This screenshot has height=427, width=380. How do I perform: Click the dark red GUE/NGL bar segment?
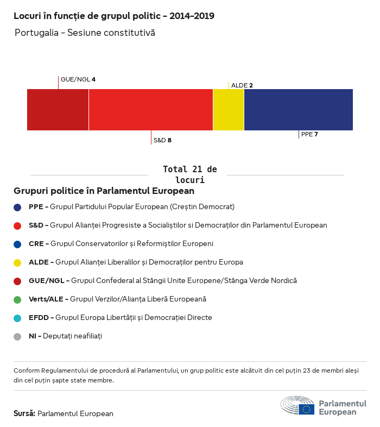58,110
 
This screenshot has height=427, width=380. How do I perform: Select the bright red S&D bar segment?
150,110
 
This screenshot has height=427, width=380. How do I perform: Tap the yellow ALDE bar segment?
229,110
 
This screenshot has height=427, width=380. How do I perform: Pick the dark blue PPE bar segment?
299,110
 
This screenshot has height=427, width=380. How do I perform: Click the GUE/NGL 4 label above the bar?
78,79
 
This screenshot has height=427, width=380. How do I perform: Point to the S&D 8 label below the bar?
162,140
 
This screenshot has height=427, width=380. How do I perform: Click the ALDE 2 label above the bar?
242,85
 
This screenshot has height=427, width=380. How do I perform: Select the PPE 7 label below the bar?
309,134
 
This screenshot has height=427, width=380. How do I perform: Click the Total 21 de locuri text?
189,174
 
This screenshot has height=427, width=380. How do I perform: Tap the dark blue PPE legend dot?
17,207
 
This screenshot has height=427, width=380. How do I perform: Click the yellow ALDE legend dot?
17,262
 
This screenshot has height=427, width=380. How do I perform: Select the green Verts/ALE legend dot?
17,299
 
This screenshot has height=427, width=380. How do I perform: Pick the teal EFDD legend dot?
17,318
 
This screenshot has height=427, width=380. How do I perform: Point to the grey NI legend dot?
17,336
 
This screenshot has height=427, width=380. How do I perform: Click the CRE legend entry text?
121,243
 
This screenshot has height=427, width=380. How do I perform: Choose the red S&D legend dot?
17,225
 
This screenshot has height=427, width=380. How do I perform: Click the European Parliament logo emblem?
297,406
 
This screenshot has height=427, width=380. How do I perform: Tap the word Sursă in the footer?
24,413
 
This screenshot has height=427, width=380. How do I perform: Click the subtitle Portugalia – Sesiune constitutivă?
85,33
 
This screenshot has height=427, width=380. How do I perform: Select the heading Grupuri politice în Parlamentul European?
104,191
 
